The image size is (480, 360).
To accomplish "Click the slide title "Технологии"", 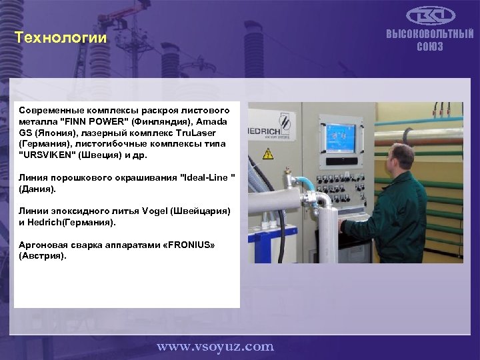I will coord(61,38).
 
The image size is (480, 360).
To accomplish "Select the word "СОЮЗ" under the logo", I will coord(430,47).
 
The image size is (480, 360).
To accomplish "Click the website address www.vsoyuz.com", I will coord(215,346).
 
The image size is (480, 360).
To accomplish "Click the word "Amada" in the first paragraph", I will coord(211,121).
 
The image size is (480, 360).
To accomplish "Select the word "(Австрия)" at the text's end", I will coord(43,256).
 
